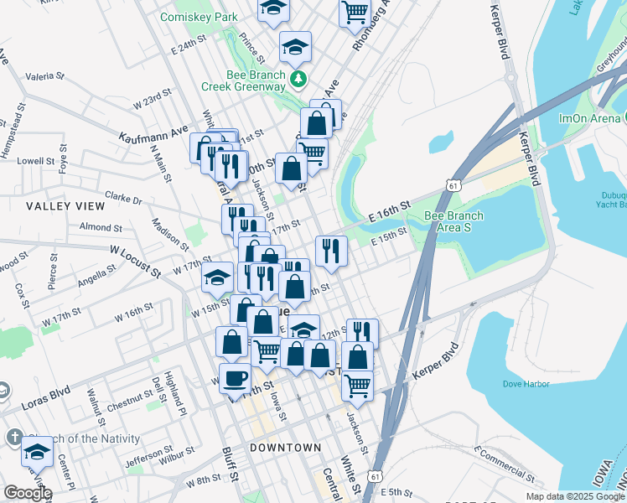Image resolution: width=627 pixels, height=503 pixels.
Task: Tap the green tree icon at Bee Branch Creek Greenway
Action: tap(297, 80)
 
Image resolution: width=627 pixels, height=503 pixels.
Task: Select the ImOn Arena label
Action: tap(593, 118)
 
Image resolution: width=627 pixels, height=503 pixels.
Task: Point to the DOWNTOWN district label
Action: tap(286, 448)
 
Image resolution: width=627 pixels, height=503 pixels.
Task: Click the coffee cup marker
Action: tap(235, 377)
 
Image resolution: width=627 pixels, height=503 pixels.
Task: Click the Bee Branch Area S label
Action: tap(454, 221)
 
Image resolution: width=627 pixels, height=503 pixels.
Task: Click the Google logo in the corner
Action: tap(27, 493)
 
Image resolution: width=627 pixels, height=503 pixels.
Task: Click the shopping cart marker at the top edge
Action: tap(355, 12)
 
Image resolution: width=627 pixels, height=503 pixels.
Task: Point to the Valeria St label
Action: tap(44, 76)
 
